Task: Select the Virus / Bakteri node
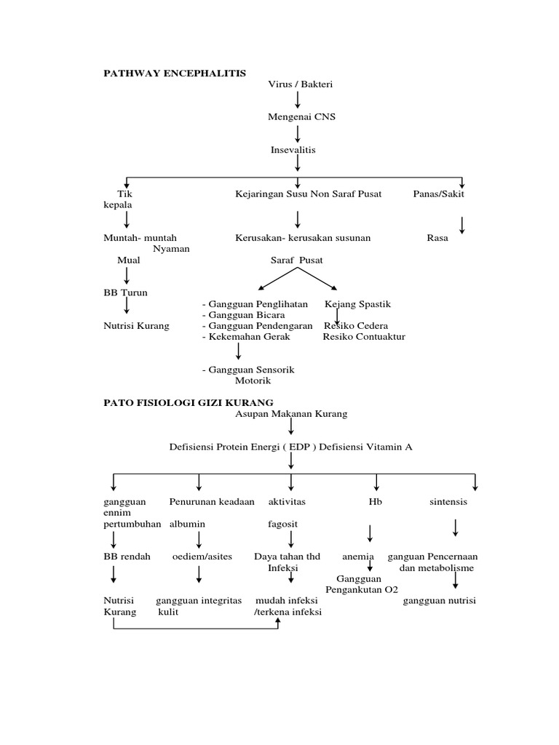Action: pyautogui.click(x=300, y=84)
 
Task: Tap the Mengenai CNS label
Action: pyautogui.click(x=301, y=116)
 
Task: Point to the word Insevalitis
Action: pyautogui.click(x=293, y=150)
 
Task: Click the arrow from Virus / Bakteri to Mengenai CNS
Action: pyautogui.click(x=298, y=100)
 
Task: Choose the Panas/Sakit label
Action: pyautogui.click(x=438, y=194)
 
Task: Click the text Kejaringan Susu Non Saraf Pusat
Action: pyautogui.click(x=308, y=194)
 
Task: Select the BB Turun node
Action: pyautogui.click(x=125, y=292)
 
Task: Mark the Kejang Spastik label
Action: pyautogui.click(x=357, y=304)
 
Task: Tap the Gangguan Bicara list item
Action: pyautogui.click(x=243, y=315)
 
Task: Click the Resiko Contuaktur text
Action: pyautogui.click(x=364, y=337)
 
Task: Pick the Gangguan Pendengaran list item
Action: pyautogui.click(x=257, y=326)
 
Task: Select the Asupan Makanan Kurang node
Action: pyautogui.click(x=291, y=414)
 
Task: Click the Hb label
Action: pyautogui.click(x=376, y=502)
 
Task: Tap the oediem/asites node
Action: pyautogui.click(x=202, y=557)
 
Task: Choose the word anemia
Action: pyautogui.click(x=358, y=557)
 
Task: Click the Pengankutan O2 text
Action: pyautogui.click(x=362, y=589)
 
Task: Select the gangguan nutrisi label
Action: pyautogui.click(x=440, y=601)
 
